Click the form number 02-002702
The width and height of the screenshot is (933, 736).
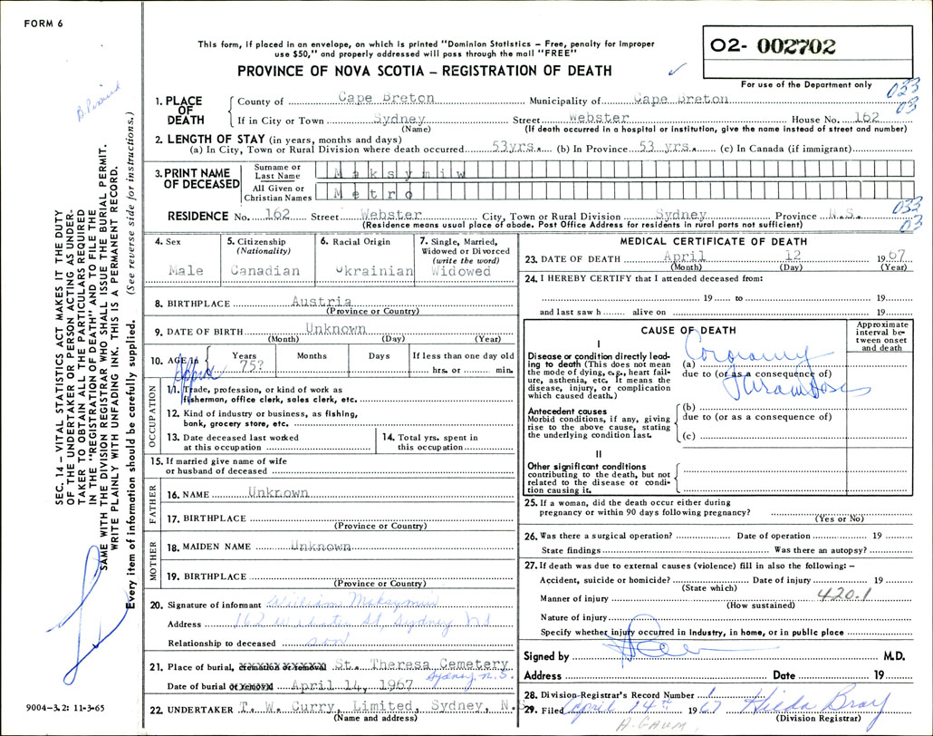(785, 46)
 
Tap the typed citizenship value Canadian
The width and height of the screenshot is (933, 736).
(265, 271)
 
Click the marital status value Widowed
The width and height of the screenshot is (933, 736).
(461, 271)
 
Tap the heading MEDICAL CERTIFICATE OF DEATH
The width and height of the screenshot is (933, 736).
(712, 241)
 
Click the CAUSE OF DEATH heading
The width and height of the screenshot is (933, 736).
(688, 331)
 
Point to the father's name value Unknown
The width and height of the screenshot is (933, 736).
(279, 493)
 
